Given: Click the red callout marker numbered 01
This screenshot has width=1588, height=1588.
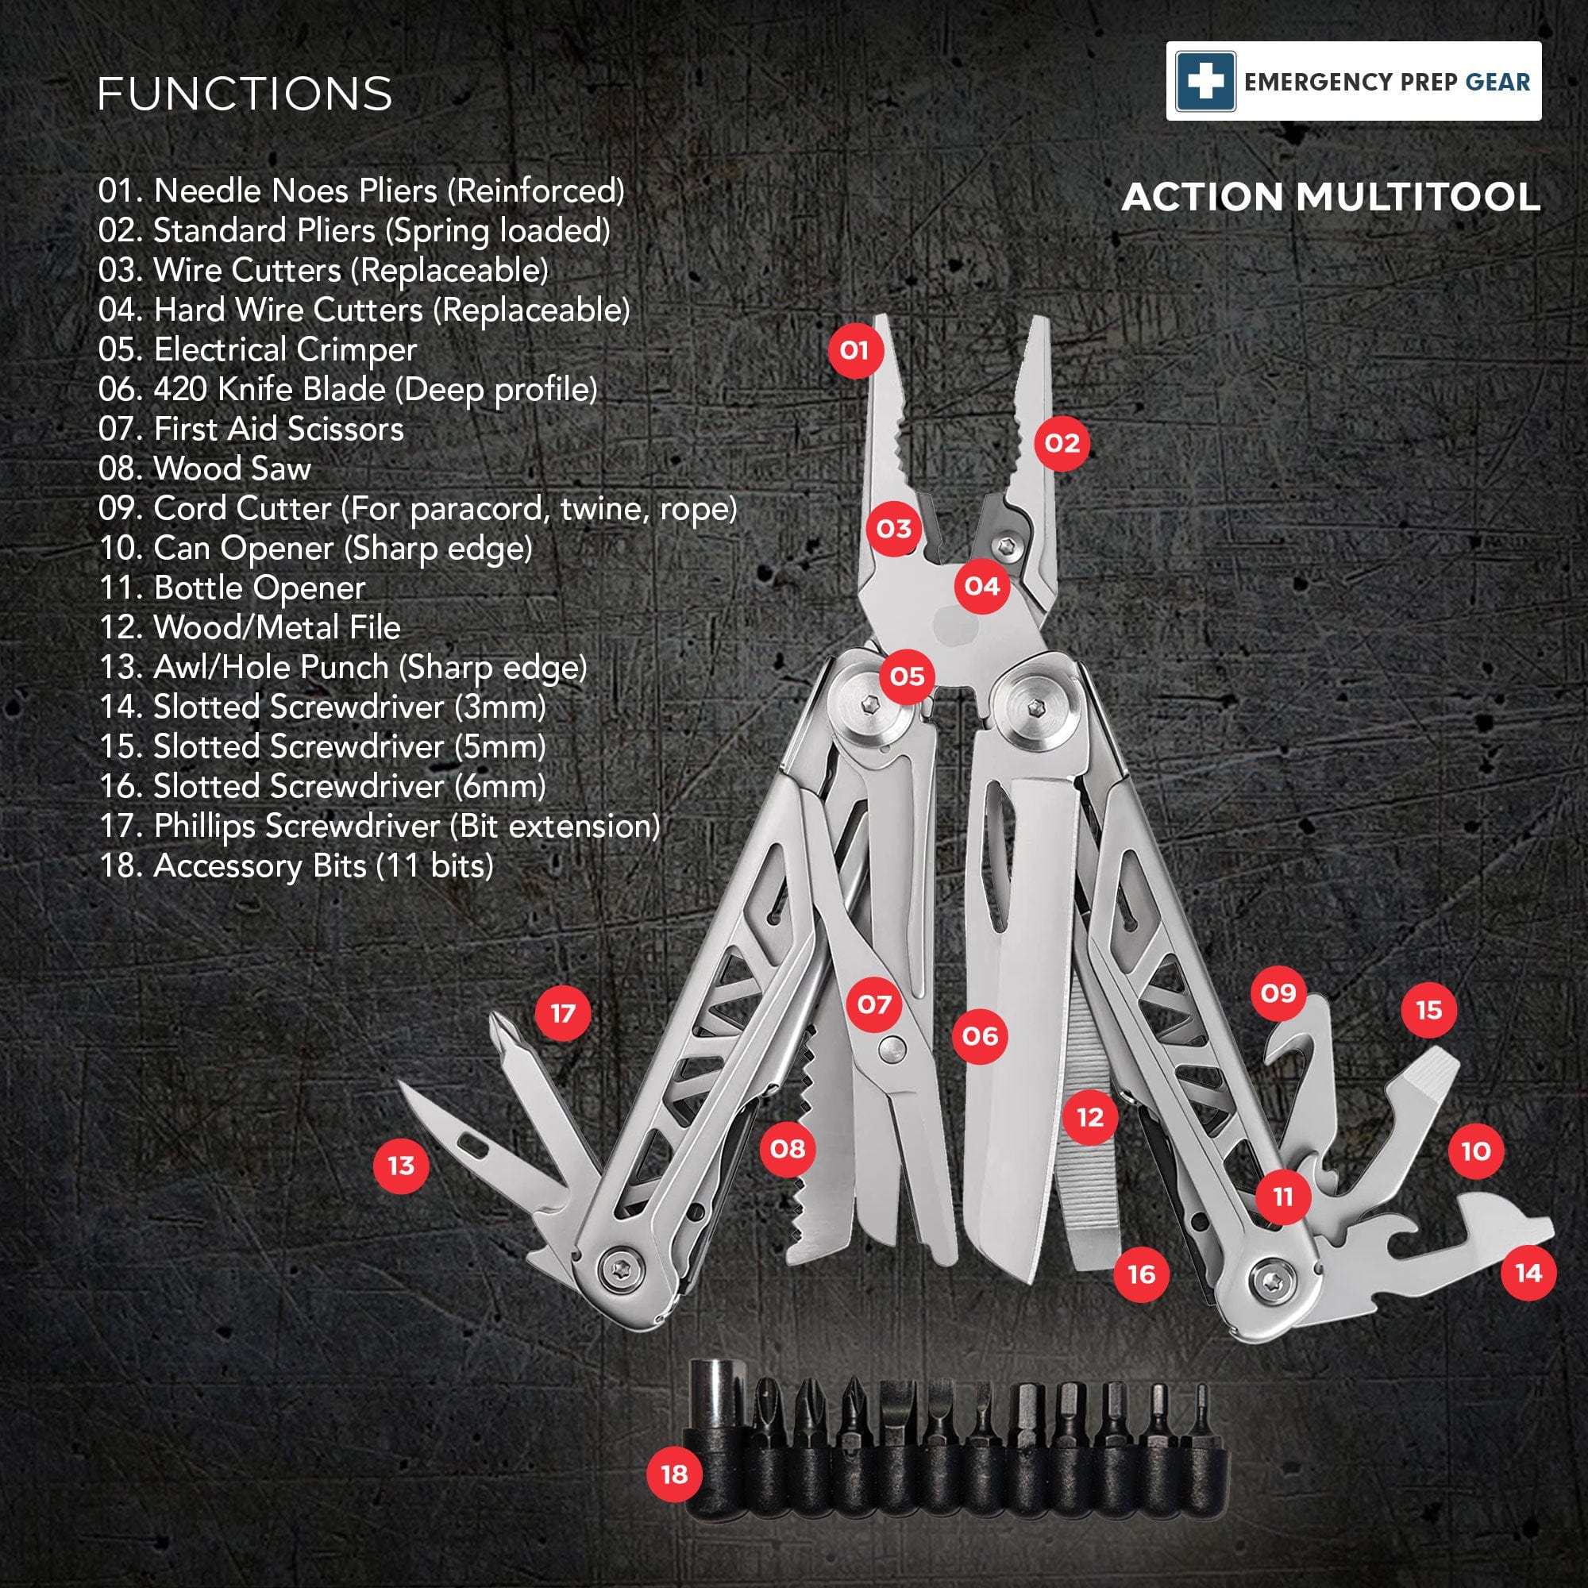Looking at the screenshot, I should click(854, 350).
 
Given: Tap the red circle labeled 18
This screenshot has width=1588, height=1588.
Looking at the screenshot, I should click(674, 1474).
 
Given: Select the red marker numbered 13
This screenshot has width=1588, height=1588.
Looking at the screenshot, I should click(401, 1166).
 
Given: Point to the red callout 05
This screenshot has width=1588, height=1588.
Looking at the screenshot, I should click(908, 676).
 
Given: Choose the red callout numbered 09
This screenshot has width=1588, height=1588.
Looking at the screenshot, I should click(1278, 993).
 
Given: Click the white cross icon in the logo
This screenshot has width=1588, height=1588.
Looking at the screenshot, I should click(1205, 81).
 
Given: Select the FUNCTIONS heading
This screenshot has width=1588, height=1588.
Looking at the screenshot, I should click(245, 94).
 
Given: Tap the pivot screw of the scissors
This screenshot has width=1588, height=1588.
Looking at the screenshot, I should click(890, 1046).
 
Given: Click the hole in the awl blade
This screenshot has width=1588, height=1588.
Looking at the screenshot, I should click(471, 1142).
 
